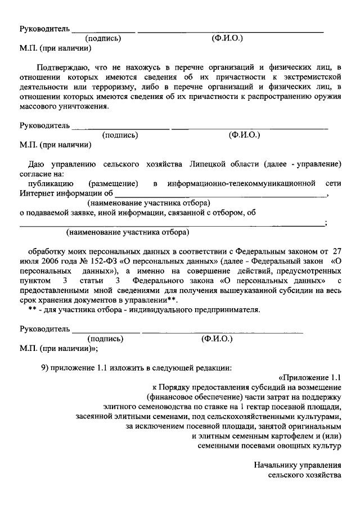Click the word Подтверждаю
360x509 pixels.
(x=58, y=67)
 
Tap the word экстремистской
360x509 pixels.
(x=313, y=77)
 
